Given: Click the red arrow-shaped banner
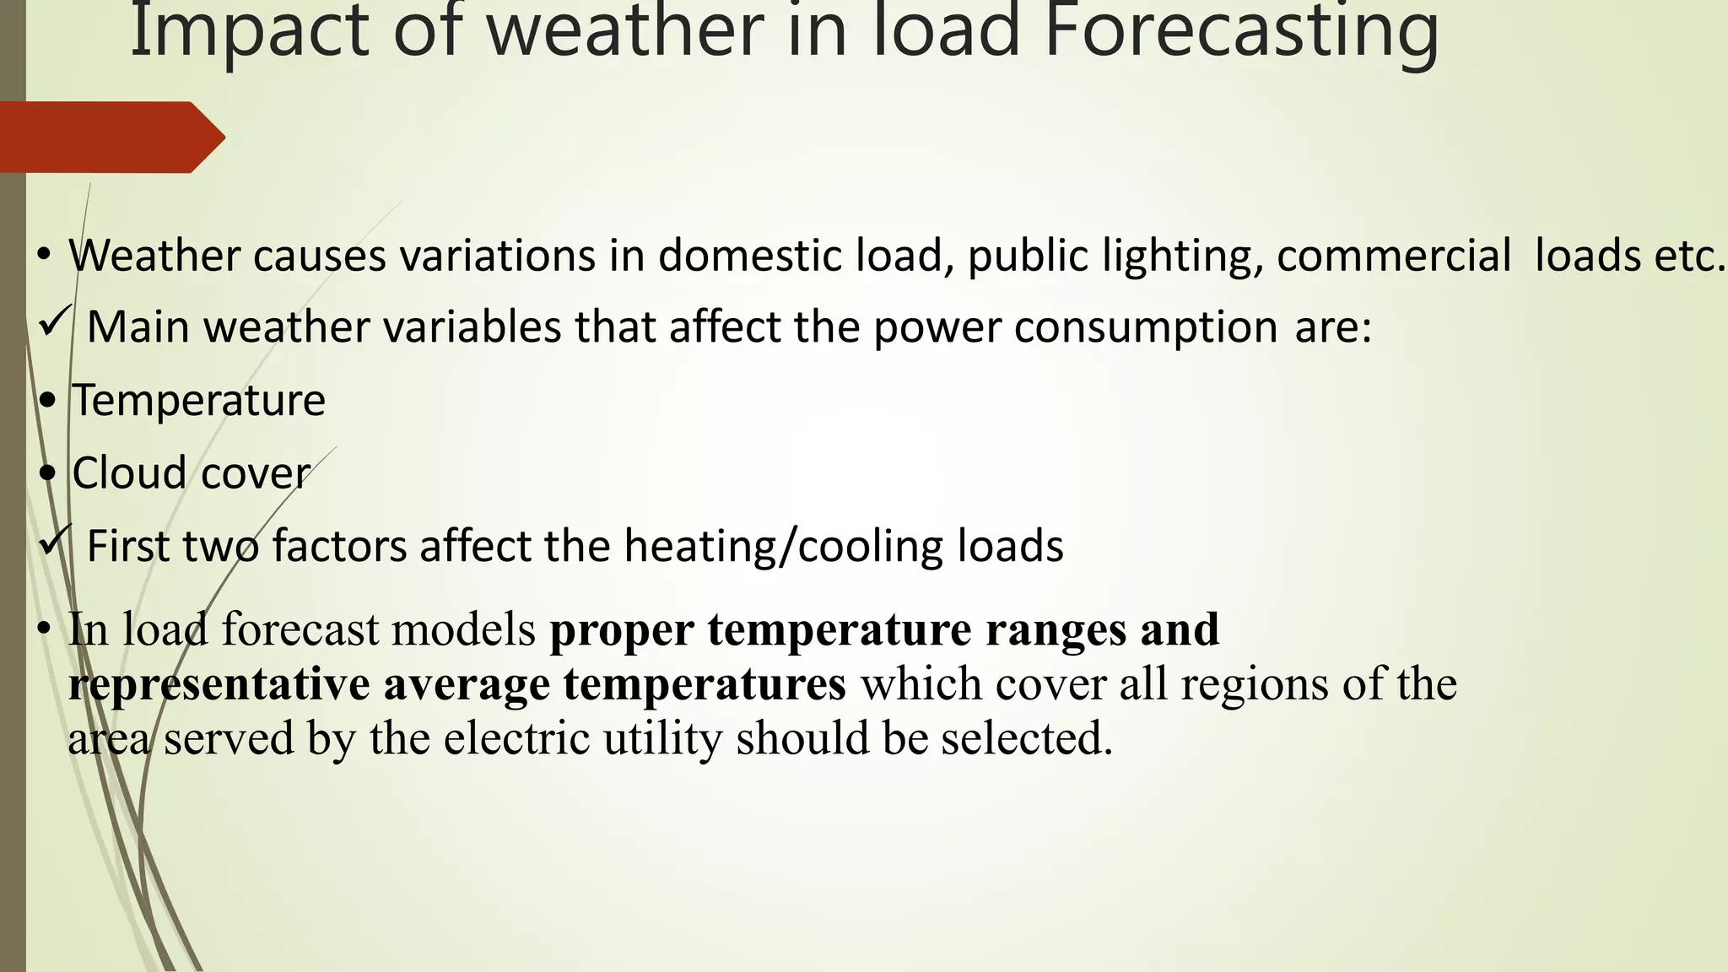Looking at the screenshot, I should (110, 137).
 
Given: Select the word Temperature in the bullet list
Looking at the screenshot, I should (198, 400).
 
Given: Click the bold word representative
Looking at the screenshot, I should (219, 683).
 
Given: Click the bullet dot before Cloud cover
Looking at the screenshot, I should (47, 473).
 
